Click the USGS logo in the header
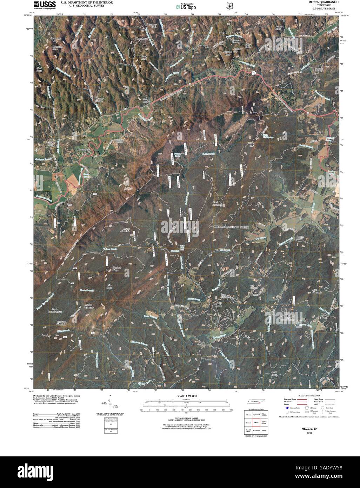coord(42,5)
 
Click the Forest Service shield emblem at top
coord(229,6)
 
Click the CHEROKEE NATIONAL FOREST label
coord(231,227)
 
